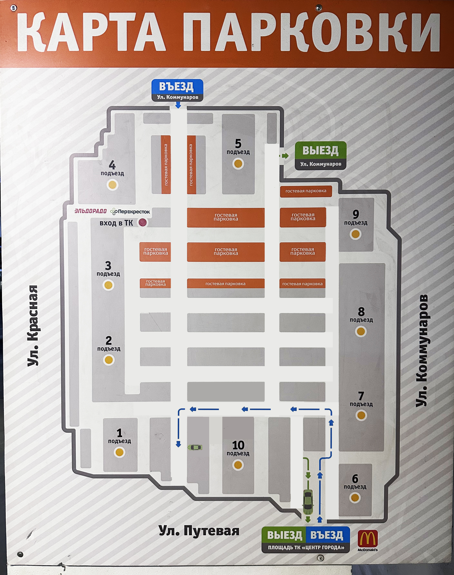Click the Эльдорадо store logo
point(90,211)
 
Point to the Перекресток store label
point(130,211)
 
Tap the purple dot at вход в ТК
point(143,222)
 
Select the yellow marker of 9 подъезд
point(356,234)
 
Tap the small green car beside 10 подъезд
point(195,447)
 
